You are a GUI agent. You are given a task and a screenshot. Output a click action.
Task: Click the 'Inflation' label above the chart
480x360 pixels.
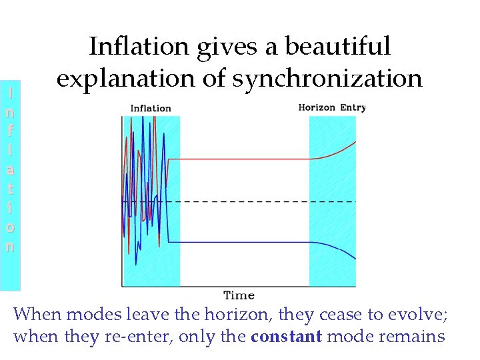coord(150,108)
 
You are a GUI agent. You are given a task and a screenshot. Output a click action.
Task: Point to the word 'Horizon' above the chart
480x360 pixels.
coord(317,107)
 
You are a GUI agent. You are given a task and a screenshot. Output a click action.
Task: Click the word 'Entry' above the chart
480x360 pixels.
coord(353,107)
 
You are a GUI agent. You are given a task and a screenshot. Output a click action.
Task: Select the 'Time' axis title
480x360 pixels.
coord(239,295)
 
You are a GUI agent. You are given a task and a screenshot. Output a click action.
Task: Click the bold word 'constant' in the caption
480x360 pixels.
coord(286,336)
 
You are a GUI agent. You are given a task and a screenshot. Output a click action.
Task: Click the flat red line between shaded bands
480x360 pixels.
coord(240,159)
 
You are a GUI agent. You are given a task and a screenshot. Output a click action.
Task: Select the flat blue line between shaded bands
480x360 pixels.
coord(240,241)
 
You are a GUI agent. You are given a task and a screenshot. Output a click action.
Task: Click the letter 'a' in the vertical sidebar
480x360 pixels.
coord(9,169)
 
